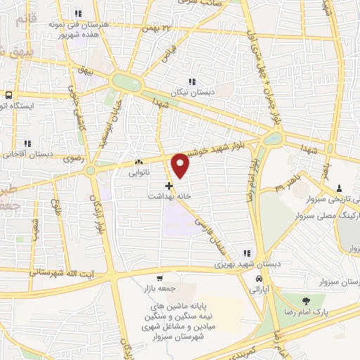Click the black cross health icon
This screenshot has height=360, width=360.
(168, 187)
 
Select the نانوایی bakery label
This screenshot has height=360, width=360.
(138, 171)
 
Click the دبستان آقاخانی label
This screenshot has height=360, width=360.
(26, 154)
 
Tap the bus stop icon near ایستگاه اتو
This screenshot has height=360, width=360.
(8, 94)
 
